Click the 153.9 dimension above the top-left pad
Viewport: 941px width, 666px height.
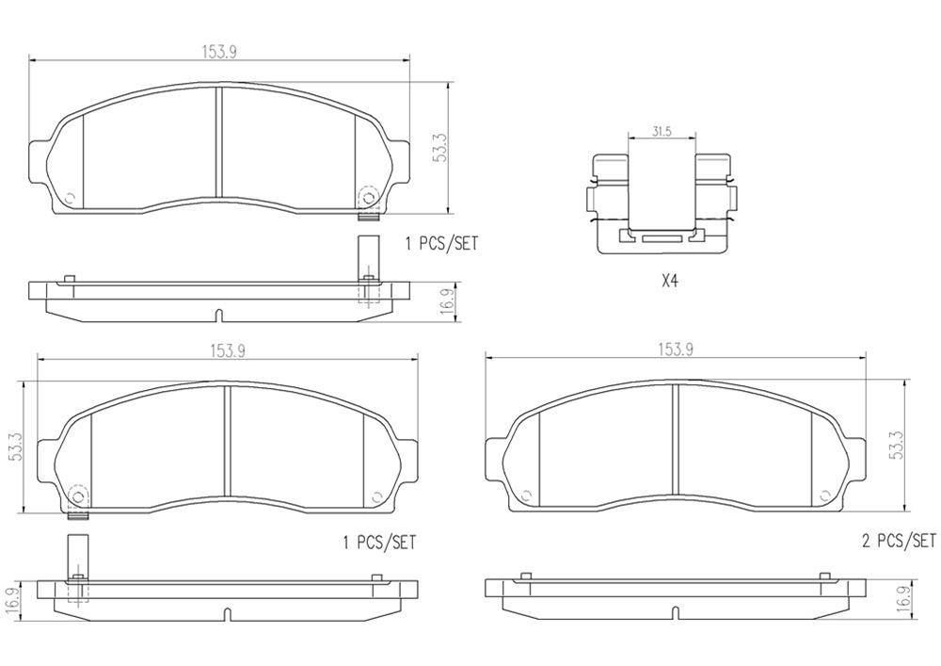(218, 53)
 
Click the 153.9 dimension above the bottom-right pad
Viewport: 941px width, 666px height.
(676, 349)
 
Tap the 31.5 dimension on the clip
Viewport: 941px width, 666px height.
(662, 133)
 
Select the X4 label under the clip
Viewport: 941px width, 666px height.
(669, 281)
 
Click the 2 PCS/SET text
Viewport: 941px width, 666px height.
(899, 541)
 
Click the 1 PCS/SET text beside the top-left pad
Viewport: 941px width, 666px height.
(441, 243)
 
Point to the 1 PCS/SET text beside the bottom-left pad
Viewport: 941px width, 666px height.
(378, 544)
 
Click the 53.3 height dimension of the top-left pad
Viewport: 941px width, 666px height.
(439, 149)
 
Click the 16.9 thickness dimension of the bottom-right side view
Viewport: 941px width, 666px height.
(904, 599)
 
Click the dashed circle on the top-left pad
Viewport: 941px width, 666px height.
(368, 197)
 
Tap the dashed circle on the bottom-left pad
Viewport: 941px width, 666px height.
(78, 495)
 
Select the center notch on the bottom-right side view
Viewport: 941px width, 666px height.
(676, 614)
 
